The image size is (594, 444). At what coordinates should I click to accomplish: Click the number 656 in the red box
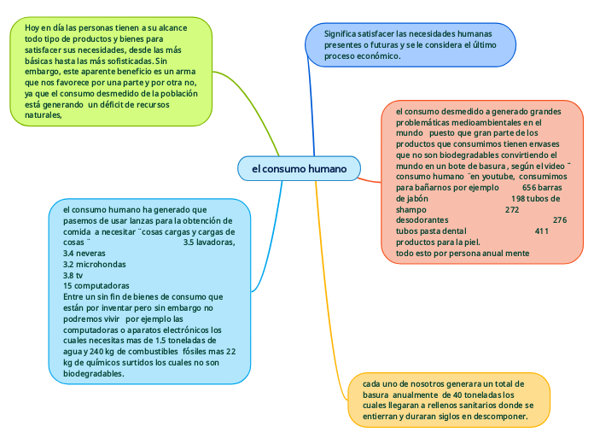[x=531, y=187]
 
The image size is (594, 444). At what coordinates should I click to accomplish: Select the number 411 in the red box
[x=541, y=231]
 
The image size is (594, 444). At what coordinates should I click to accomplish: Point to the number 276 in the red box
[x=560, y=220]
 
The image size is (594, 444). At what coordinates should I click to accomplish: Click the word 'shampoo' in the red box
[x=411, y=209]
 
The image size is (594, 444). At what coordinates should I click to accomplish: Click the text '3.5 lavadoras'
[x=209, y=242]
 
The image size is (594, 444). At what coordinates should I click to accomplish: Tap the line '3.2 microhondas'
[x=95, y=265]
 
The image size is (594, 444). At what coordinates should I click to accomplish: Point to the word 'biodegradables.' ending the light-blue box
[x=94, y=373]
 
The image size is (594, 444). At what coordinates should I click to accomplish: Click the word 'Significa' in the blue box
[x=342, y=33]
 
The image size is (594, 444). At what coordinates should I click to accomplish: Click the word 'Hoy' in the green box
[x=32, y=28]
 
